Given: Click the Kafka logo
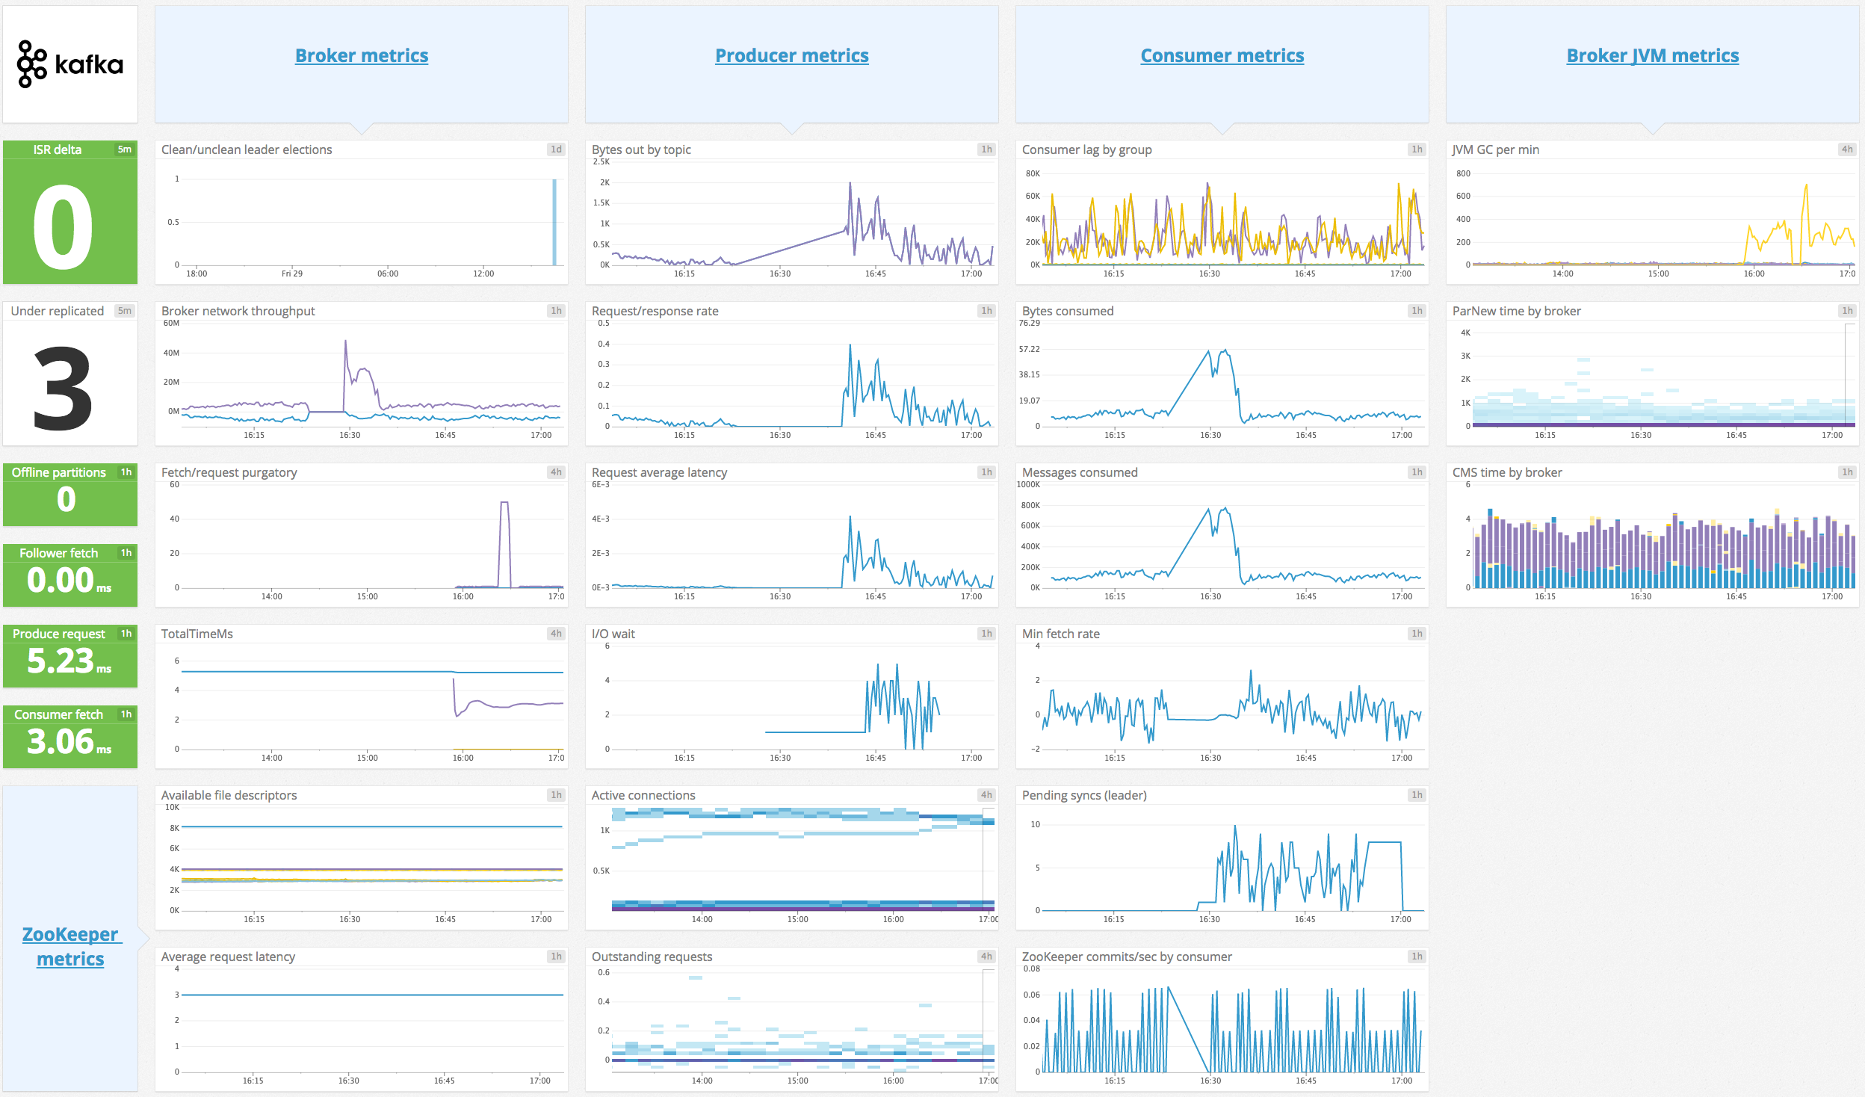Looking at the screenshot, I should (69, 64).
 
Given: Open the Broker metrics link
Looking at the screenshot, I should (362, 55).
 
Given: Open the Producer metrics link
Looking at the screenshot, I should (791, 55).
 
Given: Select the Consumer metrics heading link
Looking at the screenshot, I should (1222, 55).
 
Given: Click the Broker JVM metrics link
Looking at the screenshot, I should (1652, 55).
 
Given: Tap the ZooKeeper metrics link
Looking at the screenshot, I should (70, 946).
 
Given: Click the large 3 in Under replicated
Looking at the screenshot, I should (64, 389).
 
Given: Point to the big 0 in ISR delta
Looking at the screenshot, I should (64, 228).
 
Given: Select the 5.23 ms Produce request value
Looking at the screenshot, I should (69, 661).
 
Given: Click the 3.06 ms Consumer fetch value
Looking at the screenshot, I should (69, 741).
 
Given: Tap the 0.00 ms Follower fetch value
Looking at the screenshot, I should (69, 580).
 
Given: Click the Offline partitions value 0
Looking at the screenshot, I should (67, 499).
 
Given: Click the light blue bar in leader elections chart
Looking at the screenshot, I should (554, 223).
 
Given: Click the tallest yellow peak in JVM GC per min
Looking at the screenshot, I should (1806, 186).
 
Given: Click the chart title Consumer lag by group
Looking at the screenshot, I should (1086, 149).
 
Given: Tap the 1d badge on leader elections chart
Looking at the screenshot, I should (556, 149).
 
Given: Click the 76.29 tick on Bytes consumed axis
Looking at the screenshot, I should (1029, 323).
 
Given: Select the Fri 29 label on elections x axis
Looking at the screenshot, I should (292, 274).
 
